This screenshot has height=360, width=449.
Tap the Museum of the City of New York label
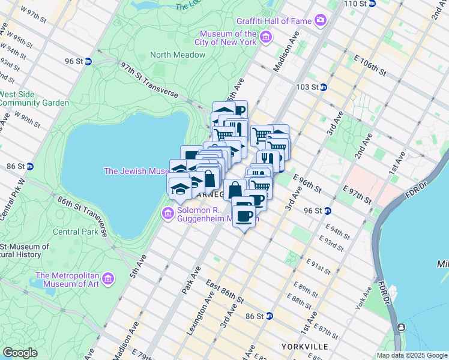click(x=229, y=38)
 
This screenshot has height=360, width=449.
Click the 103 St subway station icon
click(x=322, y=87)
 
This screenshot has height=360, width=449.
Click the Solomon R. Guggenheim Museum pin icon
click(x=167, y=214)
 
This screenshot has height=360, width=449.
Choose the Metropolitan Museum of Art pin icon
click(x=108, y=279)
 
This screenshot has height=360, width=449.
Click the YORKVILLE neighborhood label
click(x=304, y=347)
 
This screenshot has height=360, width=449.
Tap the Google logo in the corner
click(x=20, y=353)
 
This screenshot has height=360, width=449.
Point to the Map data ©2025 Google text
click(x=412, y=355)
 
